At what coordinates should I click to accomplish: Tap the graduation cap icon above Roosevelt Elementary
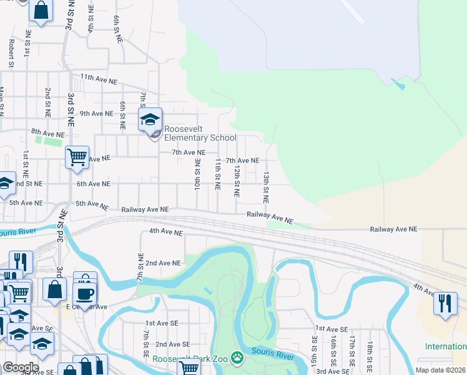(x=150, y=119)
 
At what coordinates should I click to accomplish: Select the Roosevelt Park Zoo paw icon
(x=237, y=357)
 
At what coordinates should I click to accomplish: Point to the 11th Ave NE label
(x=99, y=81)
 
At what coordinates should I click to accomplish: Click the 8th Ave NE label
(x=47, y=133)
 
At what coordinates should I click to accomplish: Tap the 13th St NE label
(x=266, y=187)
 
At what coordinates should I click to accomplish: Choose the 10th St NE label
(x=197, y=175)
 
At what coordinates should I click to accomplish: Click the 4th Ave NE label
(x=165, y=232)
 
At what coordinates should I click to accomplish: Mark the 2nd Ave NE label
(x=163, y=263)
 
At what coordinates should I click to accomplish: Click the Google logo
(x=21, y=368)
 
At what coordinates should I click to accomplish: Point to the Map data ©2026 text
(x=440, y=370)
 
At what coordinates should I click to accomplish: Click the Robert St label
(x=11, y=54)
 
